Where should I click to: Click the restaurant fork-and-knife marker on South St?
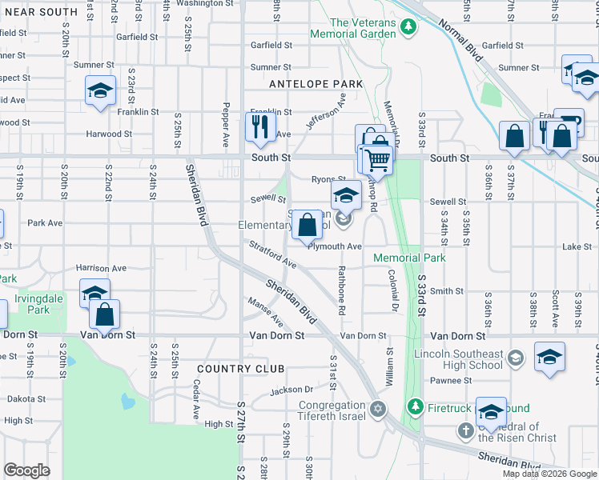point(260,127)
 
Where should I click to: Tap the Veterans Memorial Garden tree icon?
point(409,27)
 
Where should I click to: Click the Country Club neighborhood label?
point(240,368)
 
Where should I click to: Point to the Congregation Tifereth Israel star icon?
point(377,410)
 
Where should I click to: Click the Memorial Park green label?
point(408,258)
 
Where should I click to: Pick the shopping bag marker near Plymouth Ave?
point(307,225)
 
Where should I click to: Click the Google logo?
point(26,470)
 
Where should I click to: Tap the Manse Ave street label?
point(267,313)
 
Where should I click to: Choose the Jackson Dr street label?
point(290,390)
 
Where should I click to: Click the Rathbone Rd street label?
point(342,288)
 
